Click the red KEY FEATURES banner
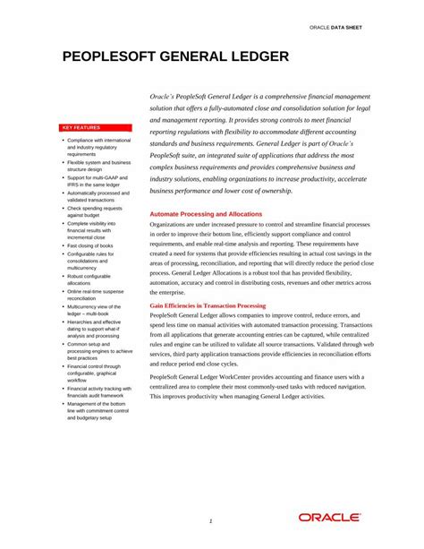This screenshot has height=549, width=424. point(99,128)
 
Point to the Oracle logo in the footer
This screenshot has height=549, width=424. point(330,518)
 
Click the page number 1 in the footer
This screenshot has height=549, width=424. point(210,520)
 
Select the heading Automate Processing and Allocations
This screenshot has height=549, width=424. point(206,214)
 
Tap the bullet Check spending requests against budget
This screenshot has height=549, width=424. point(95,211)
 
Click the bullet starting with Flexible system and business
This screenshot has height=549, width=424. point(98,166)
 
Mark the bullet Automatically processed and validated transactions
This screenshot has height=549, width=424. point(98,196)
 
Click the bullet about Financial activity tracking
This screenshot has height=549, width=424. point(98,391)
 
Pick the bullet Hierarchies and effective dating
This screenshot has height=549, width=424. point(98,329)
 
